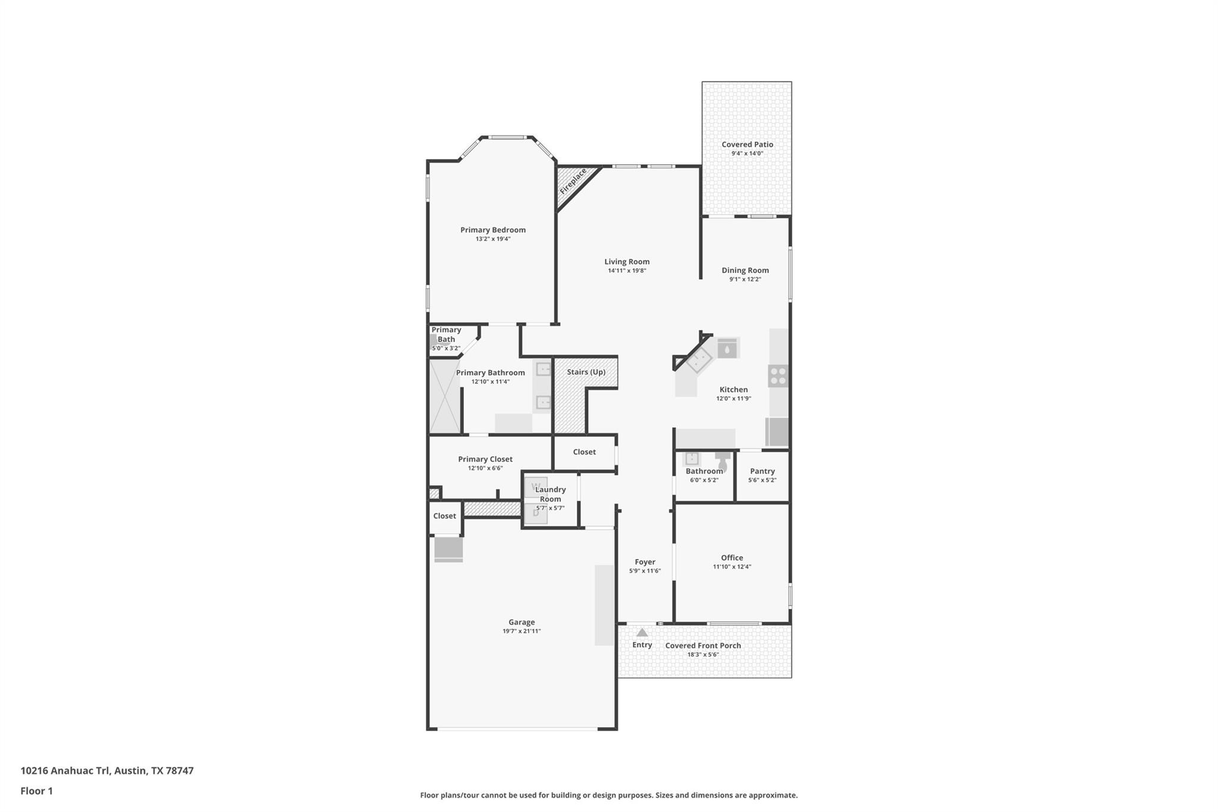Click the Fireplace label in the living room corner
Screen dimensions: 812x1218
click(573, 181)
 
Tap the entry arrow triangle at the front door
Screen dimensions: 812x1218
click(642, 633)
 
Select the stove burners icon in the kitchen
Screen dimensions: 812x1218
click(778, 377)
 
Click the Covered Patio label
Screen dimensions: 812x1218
click(747, 145)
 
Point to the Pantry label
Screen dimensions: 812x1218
click(762, 471)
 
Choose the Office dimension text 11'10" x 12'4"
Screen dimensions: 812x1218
click(732, 567)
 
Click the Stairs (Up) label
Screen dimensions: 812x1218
click(586, 372)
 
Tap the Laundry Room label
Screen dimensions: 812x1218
click(550, 494)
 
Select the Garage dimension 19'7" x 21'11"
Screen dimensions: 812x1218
click(521, 631)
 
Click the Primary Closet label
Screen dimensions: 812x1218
click(485, 459)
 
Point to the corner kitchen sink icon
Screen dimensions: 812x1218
click(699, 359)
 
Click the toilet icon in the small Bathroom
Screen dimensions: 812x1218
click(722, 459)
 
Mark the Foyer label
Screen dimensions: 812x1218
click(645, 562)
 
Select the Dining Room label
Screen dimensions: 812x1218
click(745, 271)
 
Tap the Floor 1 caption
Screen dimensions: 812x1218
click(37, 791)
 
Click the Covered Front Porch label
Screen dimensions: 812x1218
click(702, 645)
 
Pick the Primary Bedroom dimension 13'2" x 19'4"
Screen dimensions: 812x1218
click(492, 239)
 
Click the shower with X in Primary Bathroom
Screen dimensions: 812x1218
click(444, 396)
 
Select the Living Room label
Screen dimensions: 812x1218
click(627, 262)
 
